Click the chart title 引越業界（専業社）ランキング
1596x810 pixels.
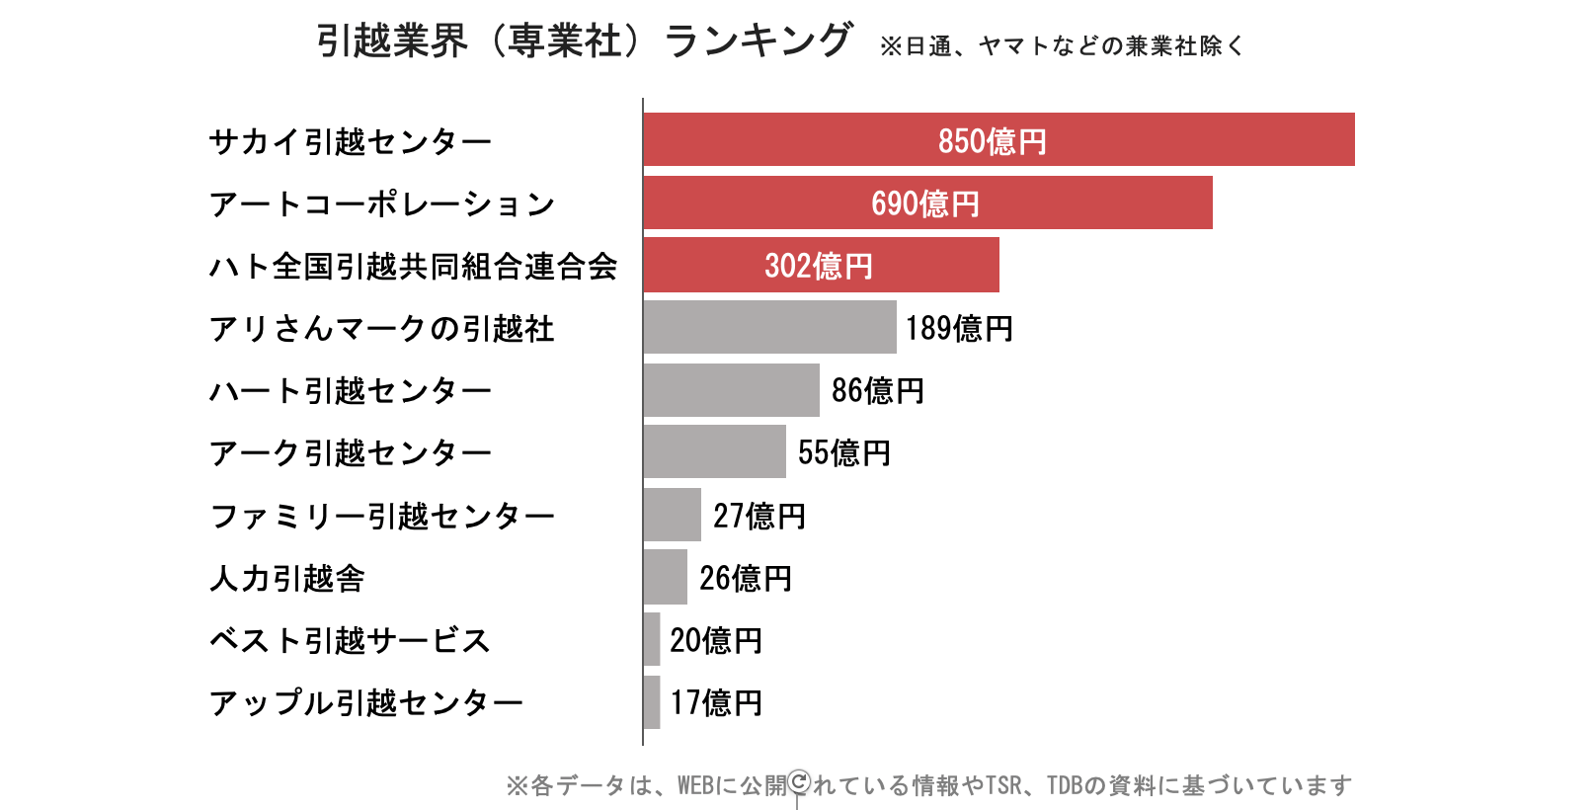[x=584, y=41]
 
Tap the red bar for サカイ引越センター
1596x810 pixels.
[x=1185, y=139]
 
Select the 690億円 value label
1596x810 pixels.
[x=925, y=203]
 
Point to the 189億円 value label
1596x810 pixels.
[x=959, y=328]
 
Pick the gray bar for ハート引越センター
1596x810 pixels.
[x=731, y=390]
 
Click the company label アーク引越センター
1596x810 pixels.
[x=350, y=453]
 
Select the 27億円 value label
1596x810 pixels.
[x=759, y=516]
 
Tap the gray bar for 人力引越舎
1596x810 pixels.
[x=666, y=578]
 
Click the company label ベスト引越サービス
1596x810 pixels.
[x=350, y=640]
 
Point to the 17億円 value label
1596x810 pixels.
[x=716, y=702]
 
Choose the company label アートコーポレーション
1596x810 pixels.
[x=381, y=204]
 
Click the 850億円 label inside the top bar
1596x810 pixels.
[x=992, y=141]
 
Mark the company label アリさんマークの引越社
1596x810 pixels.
[x=381, y=328]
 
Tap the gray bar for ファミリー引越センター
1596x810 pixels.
[x=672, y=515]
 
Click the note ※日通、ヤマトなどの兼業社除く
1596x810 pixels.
[x=1062, y=45]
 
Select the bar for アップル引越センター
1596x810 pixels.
[x=652, y=702]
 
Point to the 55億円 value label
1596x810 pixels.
[x=844, y=453]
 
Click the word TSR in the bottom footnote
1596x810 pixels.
[x=1004, y=785]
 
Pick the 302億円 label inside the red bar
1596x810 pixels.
[x=819, y=266]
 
